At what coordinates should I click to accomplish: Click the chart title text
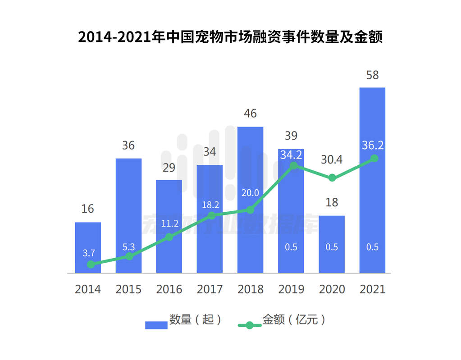click(x=230, y=36)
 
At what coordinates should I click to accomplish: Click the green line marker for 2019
click(x=293, y=166)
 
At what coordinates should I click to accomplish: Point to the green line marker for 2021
click(x=374, y=159)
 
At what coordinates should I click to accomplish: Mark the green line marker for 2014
click(x=91, y=264)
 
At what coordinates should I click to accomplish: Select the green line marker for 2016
click(x=169, y=237)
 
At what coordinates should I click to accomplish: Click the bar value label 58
click(x=372, y=75)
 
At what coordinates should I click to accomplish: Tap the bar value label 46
click(x=250, y=114)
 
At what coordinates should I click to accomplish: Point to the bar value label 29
click(x=169, y=168)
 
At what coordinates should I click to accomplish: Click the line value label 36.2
click(x=373, y=145)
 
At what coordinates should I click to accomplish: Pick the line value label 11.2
click(x=170, y=223)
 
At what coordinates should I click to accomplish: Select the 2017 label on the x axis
click(x=210, y=289)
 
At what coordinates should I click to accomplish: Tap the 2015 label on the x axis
click(x=128, y=289)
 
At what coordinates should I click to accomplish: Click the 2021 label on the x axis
click(x=373, y=289)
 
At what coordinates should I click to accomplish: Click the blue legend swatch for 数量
click(x=156, y=325)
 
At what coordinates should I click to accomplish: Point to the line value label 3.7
click(x=89, y=253)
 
